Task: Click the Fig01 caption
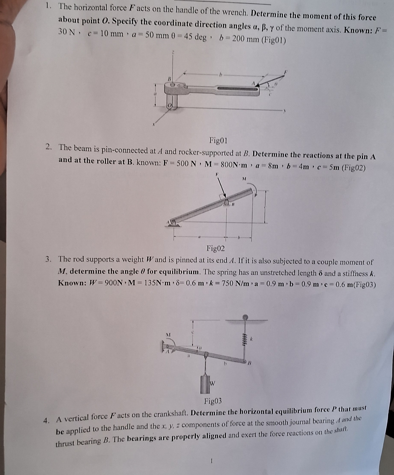pos(218,140)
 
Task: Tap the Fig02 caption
pos(216,249)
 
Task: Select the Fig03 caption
pos(213,402)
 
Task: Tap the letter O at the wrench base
pos(169,105)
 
